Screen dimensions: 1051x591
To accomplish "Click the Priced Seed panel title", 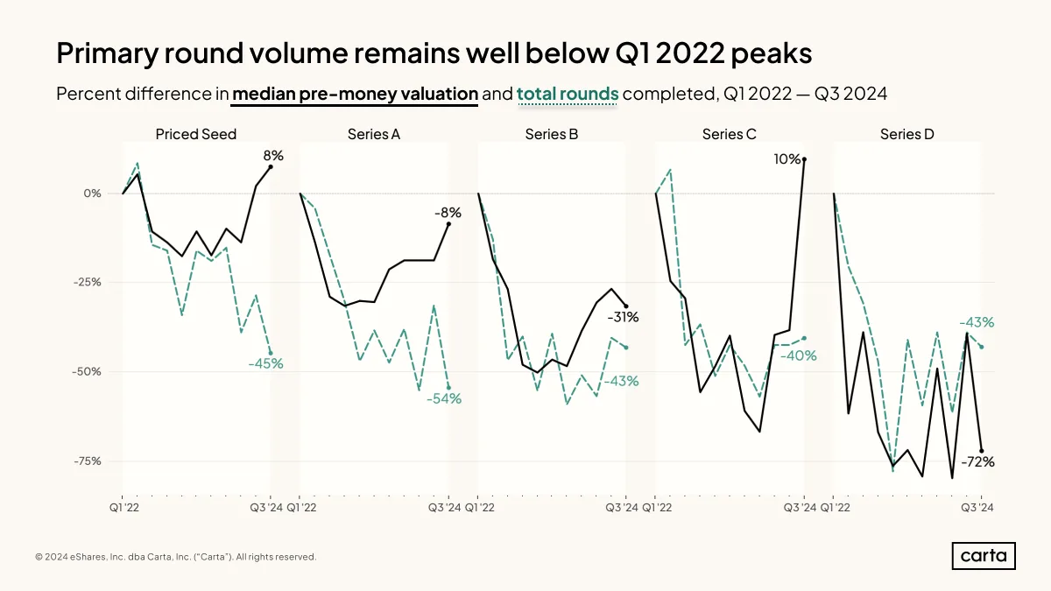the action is point(195,134).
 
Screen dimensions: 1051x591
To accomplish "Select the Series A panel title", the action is point(373,134).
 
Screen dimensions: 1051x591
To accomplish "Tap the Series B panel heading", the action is point(551,134).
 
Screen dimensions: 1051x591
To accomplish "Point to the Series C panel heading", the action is point(729,134).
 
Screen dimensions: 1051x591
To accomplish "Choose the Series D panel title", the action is point(907,134).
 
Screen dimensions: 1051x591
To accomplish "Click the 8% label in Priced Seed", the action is point(273,155).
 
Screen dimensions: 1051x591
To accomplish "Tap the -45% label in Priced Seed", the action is point(265,363).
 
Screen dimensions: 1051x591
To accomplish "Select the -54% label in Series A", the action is point(444,398).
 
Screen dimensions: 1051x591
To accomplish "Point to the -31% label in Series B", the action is point(623,318).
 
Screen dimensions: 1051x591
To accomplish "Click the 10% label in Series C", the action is point(786,159).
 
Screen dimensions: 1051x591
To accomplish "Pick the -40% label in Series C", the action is point(798,356).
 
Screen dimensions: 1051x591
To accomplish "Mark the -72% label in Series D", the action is point(977,462).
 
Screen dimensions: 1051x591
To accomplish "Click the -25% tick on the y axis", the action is point(88,282).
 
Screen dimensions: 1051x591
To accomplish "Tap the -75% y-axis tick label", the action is point(88,461).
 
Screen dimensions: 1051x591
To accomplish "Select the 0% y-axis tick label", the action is point(93,193).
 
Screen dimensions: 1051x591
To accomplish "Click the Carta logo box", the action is point(984,556).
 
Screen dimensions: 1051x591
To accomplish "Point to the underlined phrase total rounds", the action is point(568,94).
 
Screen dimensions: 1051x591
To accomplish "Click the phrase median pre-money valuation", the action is point(355,94).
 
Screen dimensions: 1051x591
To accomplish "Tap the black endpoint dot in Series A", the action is point(448,224).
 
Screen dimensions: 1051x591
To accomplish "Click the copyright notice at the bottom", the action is point(175,557).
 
